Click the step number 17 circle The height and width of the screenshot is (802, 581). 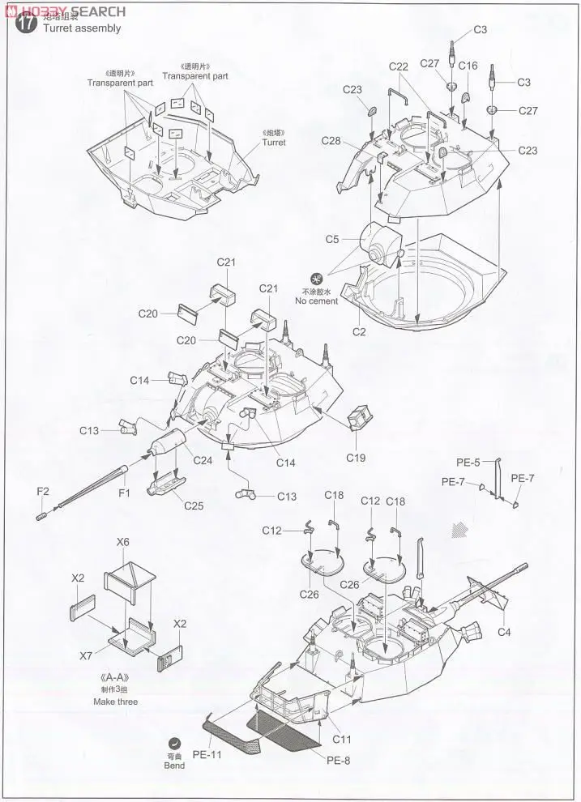coord(26,23)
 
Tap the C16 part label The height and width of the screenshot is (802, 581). coord(468,66)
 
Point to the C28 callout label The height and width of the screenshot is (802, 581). coord(331,141)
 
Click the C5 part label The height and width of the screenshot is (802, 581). coord(332,240)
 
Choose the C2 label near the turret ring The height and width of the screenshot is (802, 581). coord(359,331)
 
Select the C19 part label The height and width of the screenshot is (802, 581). coord(355,458)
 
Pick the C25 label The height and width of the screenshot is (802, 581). coord(194,506)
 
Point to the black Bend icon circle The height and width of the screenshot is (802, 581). coord(174,744)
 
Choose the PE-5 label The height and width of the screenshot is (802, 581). coord(468,463)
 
